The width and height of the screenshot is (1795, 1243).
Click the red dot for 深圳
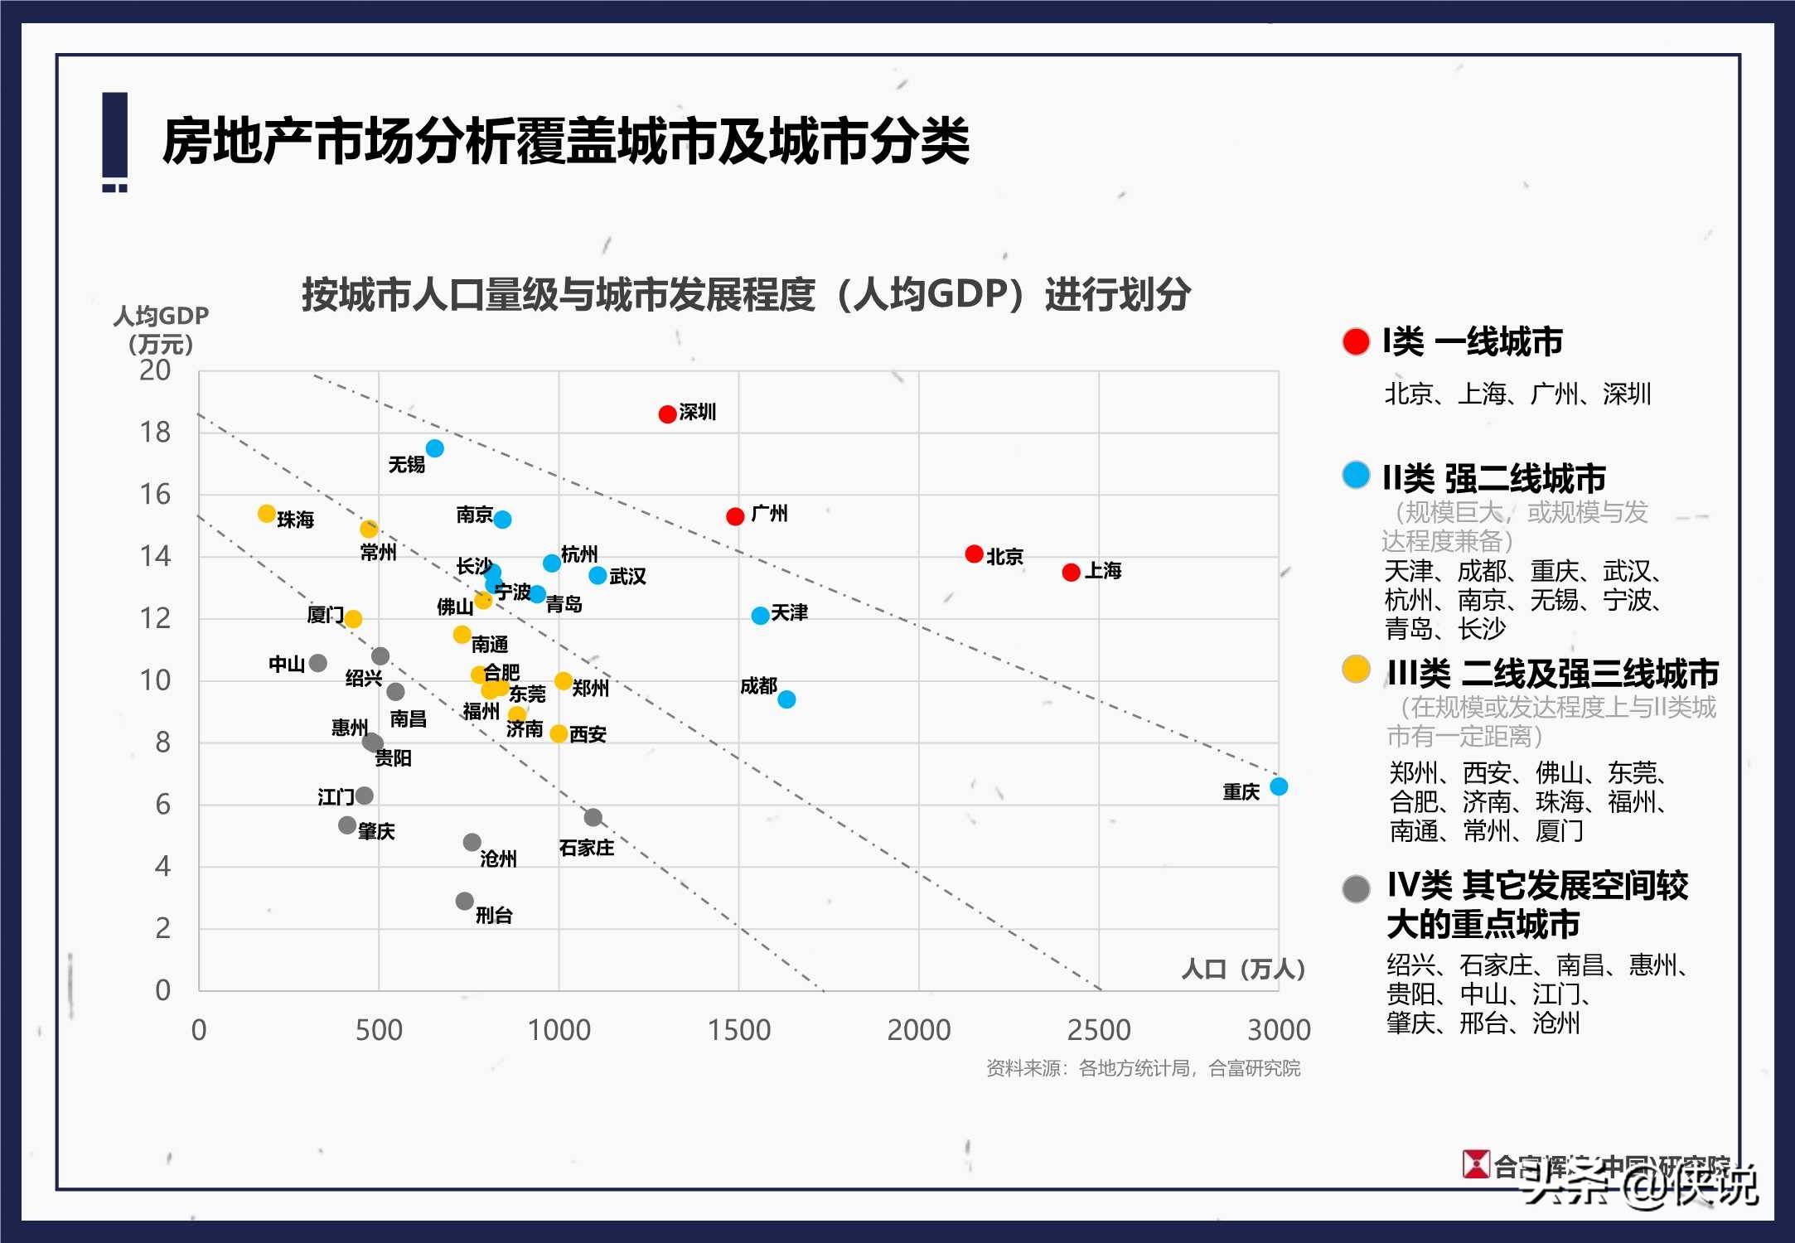(667, 414)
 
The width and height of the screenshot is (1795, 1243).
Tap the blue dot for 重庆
(1279, 786)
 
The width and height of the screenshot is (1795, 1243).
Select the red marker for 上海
(1071, 572)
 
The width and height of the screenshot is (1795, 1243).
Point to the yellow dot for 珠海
(266, 514)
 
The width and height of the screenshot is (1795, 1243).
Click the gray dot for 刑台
(464, 901)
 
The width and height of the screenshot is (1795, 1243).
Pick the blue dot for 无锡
(434, 448)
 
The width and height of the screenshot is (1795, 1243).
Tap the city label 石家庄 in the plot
(586, 848)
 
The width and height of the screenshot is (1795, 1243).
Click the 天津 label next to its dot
(789, 612)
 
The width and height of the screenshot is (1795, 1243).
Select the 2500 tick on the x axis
(1098, 1030)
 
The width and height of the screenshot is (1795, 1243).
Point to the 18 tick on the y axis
(155, 432)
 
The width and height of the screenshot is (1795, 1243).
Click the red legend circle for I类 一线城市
(1356, 341)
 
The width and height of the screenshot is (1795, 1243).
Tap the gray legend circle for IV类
(1356, 889)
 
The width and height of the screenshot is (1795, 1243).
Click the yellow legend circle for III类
(1356, 669)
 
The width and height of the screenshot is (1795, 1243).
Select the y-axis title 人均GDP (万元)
(161, 329)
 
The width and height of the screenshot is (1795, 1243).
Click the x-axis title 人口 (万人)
(1242, 969)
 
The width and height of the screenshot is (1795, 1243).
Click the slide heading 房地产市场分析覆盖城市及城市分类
(565, 141)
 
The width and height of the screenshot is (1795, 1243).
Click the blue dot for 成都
(786, 699)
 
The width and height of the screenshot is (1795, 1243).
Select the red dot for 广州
(734, 516)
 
